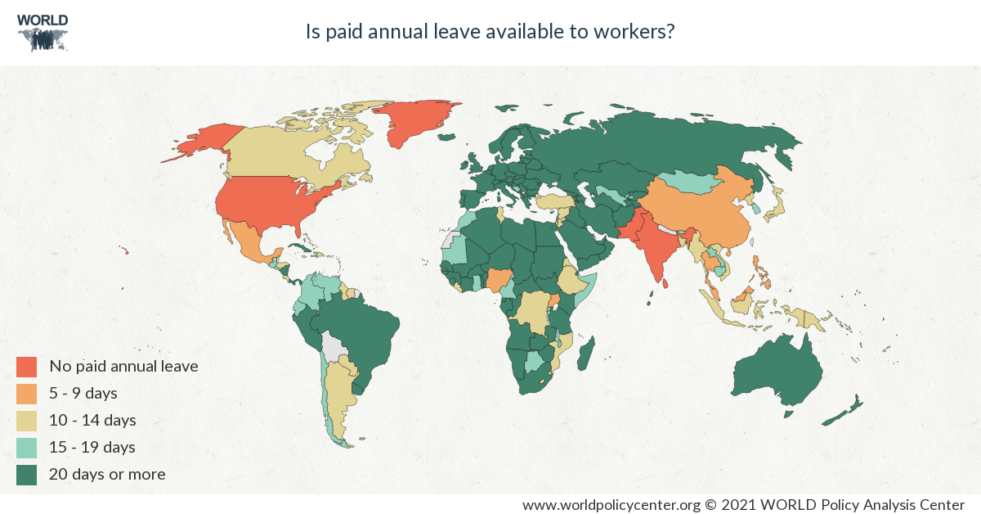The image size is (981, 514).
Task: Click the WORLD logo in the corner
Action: (43, 32)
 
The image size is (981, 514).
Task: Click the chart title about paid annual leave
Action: (490, 32)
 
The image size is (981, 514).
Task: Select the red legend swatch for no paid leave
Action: (27, 366)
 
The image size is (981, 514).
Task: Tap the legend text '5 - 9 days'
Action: (83, 393)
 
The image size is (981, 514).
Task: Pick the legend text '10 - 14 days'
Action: (92, 420)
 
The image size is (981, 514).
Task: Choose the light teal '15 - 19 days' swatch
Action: (27, 447)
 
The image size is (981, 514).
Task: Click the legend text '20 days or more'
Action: (107, 474)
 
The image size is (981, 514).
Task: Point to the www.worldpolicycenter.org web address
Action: (611, 504)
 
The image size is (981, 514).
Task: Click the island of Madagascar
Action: (585, 357)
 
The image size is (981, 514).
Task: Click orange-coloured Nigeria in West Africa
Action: (497, 280)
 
